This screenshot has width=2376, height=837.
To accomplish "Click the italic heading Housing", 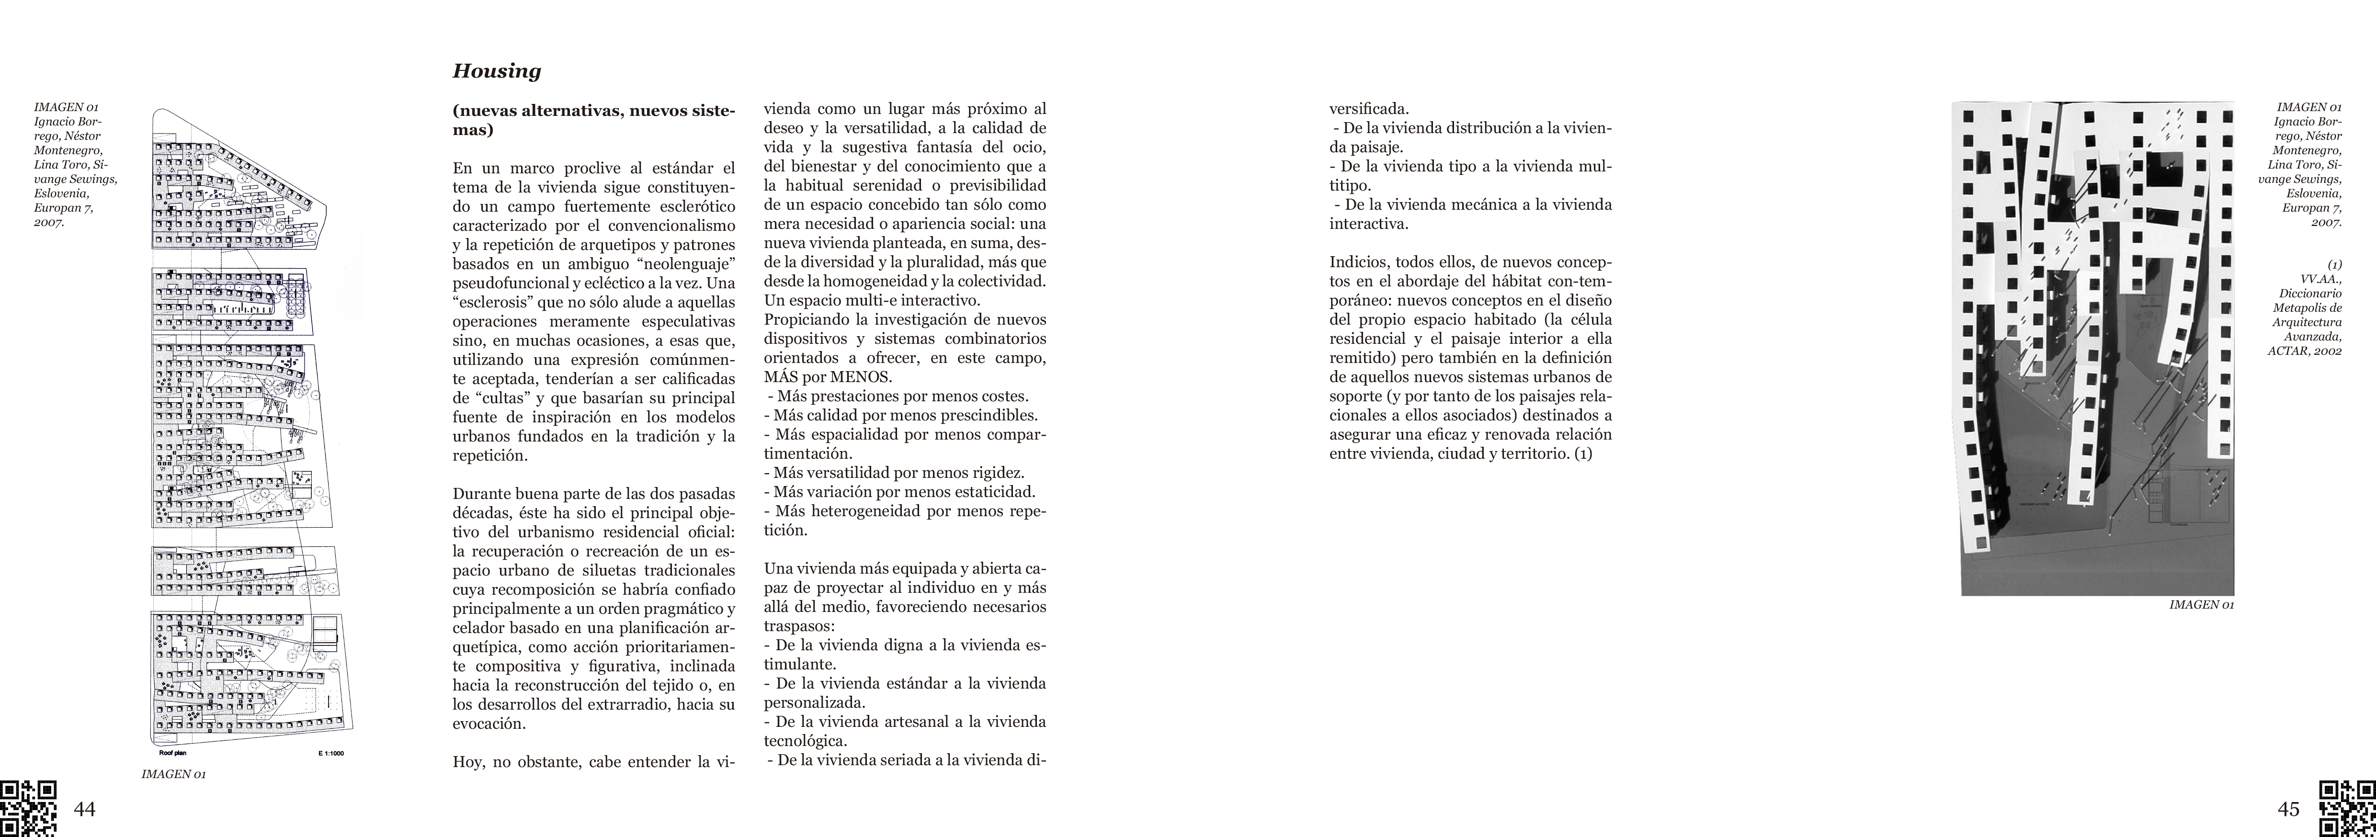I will point(496,71).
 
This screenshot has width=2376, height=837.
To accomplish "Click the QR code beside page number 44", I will point(28,808).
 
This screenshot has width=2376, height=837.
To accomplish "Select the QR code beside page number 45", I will point(2347,808).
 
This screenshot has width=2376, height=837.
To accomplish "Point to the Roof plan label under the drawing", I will point(172,753).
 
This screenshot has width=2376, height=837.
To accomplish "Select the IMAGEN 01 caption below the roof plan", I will point(173,774).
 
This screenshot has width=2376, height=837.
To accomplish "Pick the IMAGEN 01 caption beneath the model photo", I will point(2201,605).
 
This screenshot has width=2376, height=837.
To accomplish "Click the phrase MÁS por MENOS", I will point(827,377).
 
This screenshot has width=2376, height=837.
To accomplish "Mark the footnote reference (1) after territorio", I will point(1583,453).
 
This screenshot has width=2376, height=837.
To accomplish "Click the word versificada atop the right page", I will point(1369,109).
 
